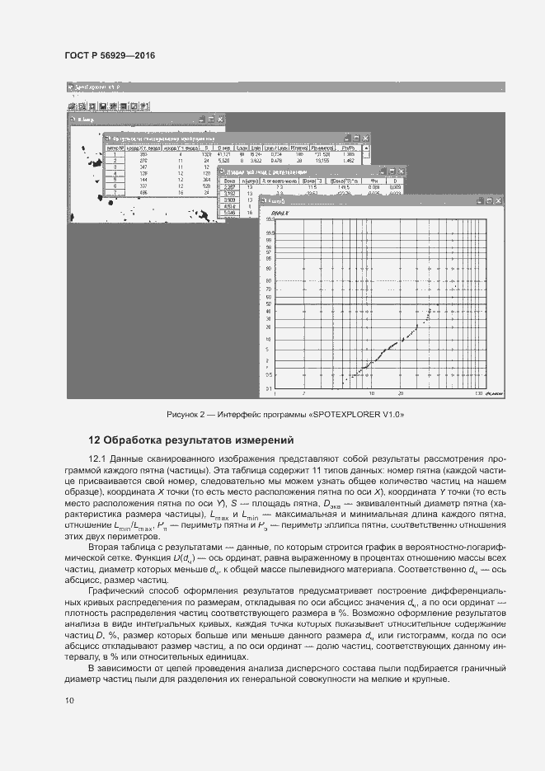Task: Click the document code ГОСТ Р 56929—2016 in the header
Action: [110, 55]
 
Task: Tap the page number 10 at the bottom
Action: [69, 700]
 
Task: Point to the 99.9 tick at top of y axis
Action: [268, 233]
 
